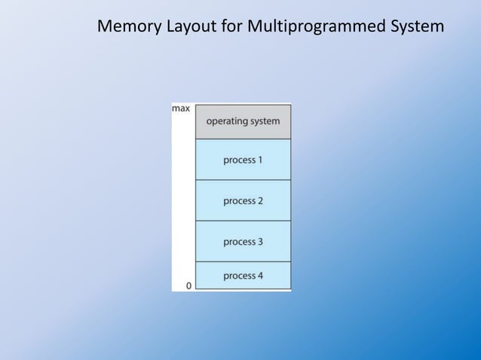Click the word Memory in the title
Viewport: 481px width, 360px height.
[x=129, y=27]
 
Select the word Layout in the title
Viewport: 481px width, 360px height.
[x=191, y=27]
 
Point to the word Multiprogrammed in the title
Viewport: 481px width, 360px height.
[x=317, y=27]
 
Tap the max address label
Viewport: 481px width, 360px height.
[x=181, y=109]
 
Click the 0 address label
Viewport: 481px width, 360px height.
[x=188, y=285]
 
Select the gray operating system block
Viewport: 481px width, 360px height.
[x=243, y=122]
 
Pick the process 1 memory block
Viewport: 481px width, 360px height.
[x=243, y=160]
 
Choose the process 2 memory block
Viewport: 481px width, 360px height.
[x=243, y=201]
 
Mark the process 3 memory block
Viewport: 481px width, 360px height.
[x=243, y=242]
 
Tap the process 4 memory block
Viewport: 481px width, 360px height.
[x=243, y=276]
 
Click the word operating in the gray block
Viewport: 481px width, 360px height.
[x=228, y=121]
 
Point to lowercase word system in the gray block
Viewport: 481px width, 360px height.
[x=265, y=121]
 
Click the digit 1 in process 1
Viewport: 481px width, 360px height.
[x=259, y=160]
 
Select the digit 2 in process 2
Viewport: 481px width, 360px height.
[x=260, y=201]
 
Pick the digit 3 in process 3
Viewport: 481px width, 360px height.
[x=260, y=242]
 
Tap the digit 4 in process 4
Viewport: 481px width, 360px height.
[x=260, y=276]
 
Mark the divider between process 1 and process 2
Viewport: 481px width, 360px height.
[x=243, y=180]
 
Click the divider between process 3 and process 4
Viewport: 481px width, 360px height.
[x=243, y=261]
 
